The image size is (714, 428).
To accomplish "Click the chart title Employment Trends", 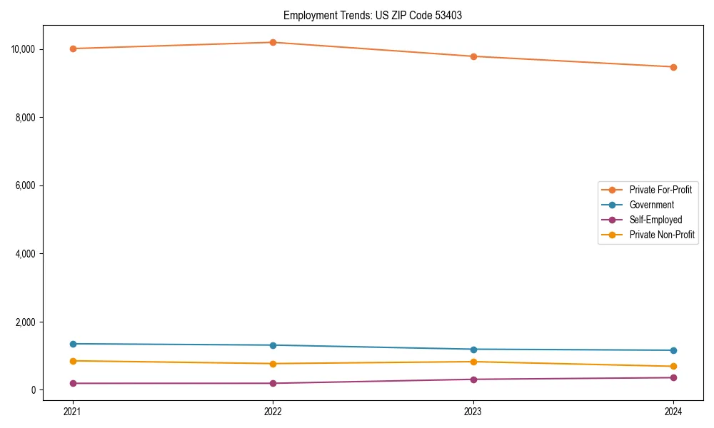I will point(372,15).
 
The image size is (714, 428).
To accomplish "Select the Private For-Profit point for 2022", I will point(273,42).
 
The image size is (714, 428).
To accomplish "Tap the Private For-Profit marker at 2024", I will point(673,67).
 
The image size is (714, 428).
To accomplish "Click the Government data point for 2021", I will point(73,344).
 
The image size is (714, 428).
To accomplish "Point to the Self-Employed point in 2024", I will point(673,377).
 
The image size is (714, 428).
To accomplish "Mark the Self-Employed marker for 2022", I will point(273,383).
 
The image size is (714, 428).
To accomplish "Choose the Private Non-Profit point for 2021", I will point(73,361).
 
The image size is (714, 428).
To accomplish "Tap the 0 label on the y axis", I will point(33,390).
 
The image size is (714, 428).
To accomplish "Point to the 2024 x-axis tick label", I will point(673,411).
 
